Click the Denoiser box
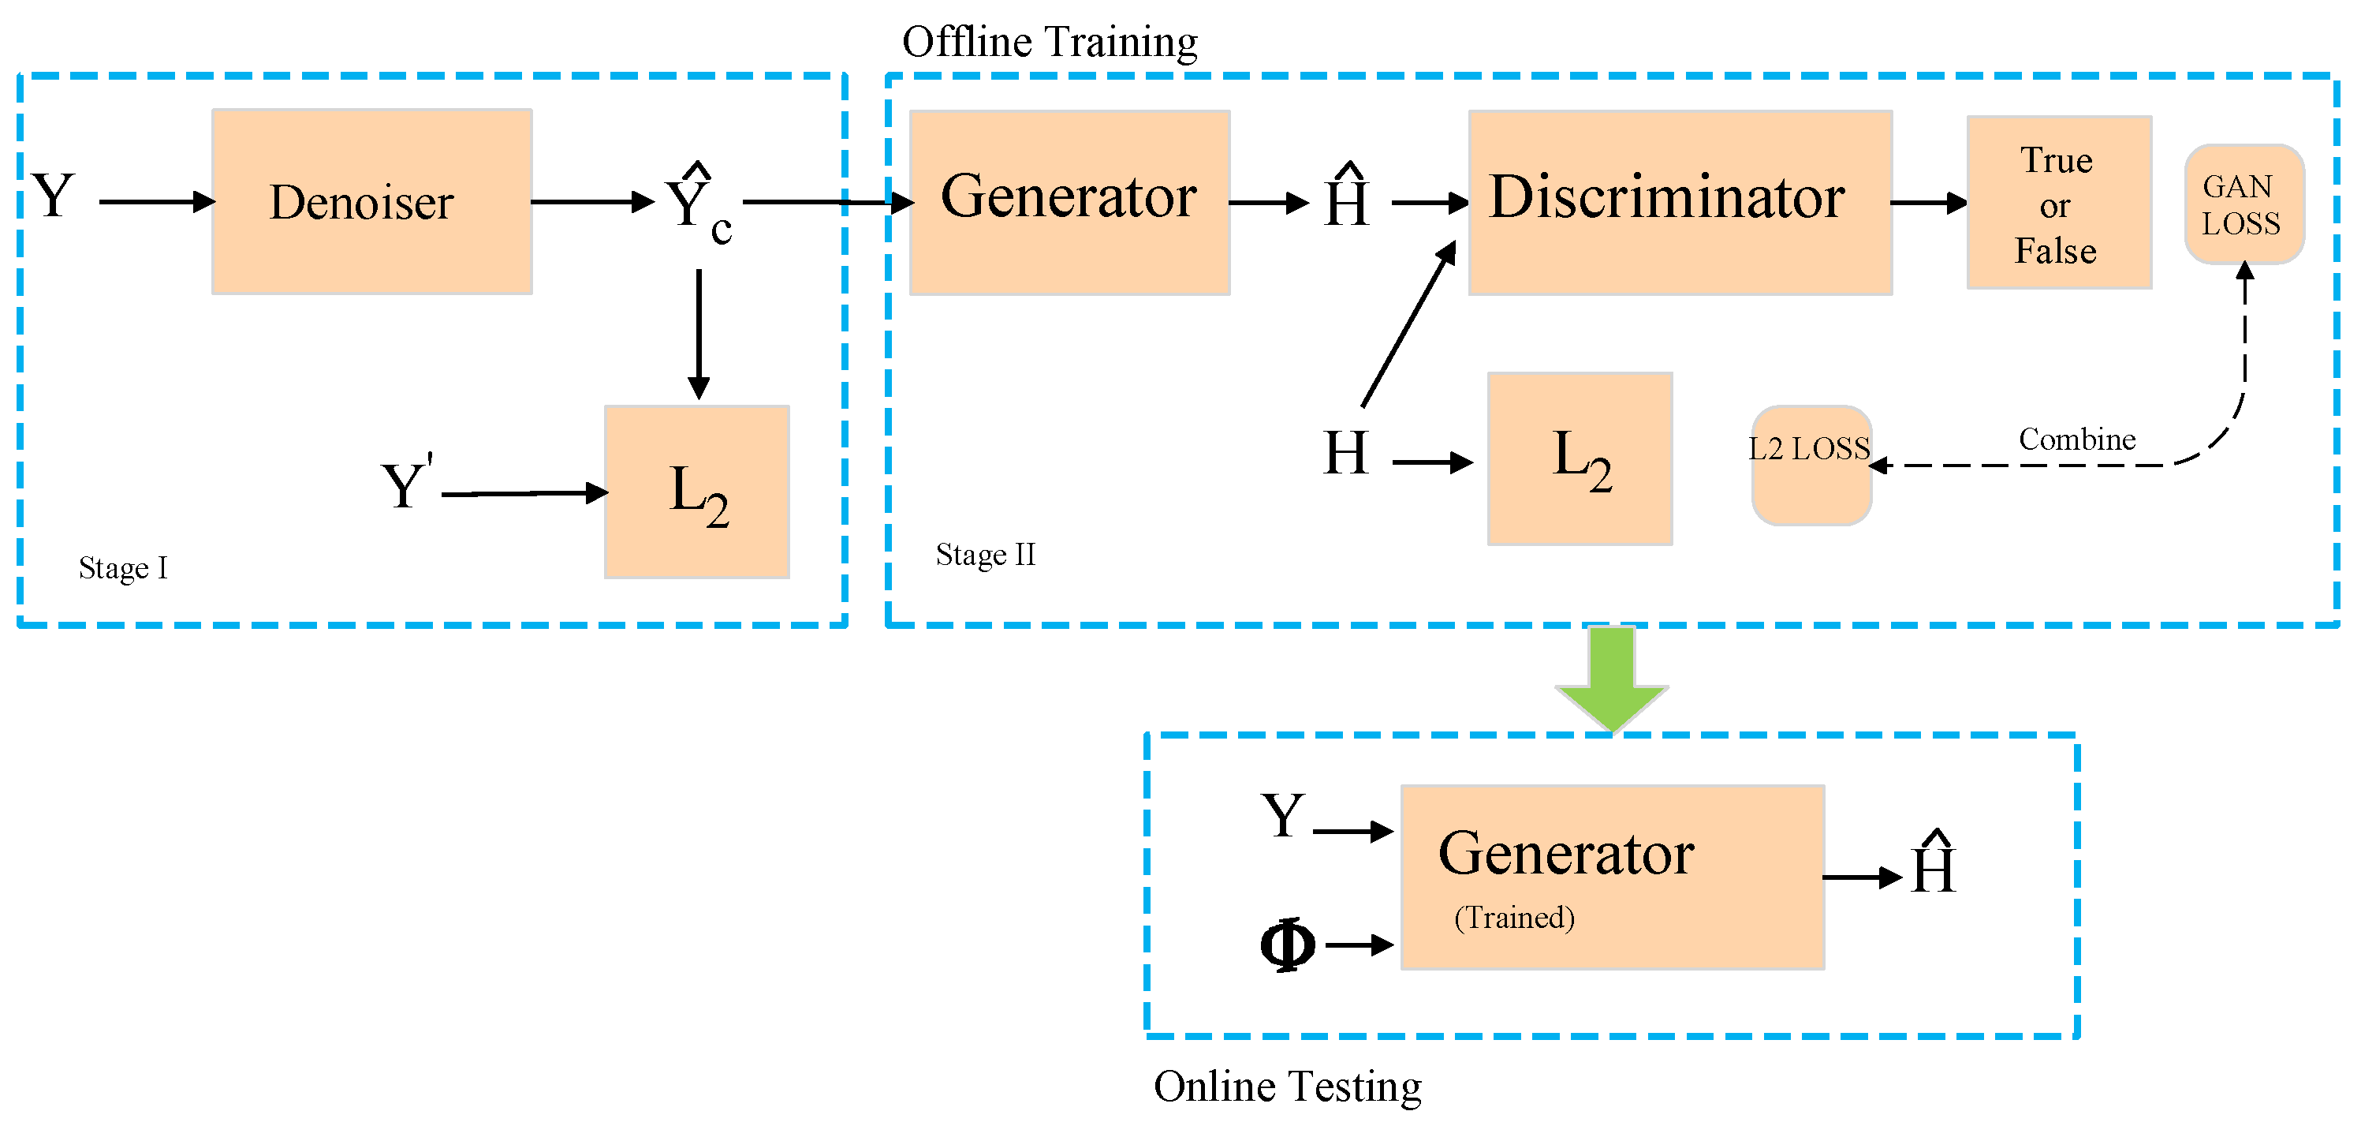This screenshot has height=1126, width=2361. pos(372,202)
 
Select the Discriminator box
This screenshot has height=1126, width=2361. pos(1679,202)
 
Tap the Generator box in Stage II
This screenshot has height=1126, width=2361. pos(1069,202)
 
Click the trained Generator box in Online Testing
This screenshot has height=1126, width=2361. pos(1611,877)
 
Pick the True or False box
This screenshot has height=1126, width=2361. pos(2058,203)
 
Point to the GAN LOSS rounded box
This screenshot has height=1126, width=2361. pos(2244,204)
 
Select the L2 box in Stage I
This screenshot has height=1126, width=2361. pos(696,492)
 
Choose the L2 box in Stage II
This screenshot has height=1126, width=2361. pos(1580,458)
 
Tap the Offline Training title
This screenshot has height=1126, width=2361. pos(1050,42)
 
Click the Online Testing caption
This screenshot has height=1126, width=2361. pos(1287,1087)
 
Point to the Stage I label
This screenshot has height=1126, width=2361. pos(123,568)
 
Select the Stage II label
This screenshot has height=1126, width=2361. pos(985,555)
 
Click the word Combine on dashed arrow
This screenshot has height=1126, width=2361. pos(2077,440)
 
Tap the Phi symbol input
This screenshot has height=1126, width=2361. pos(1287,945)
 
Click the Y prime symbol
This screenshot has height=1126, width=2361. pos(406,484)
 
